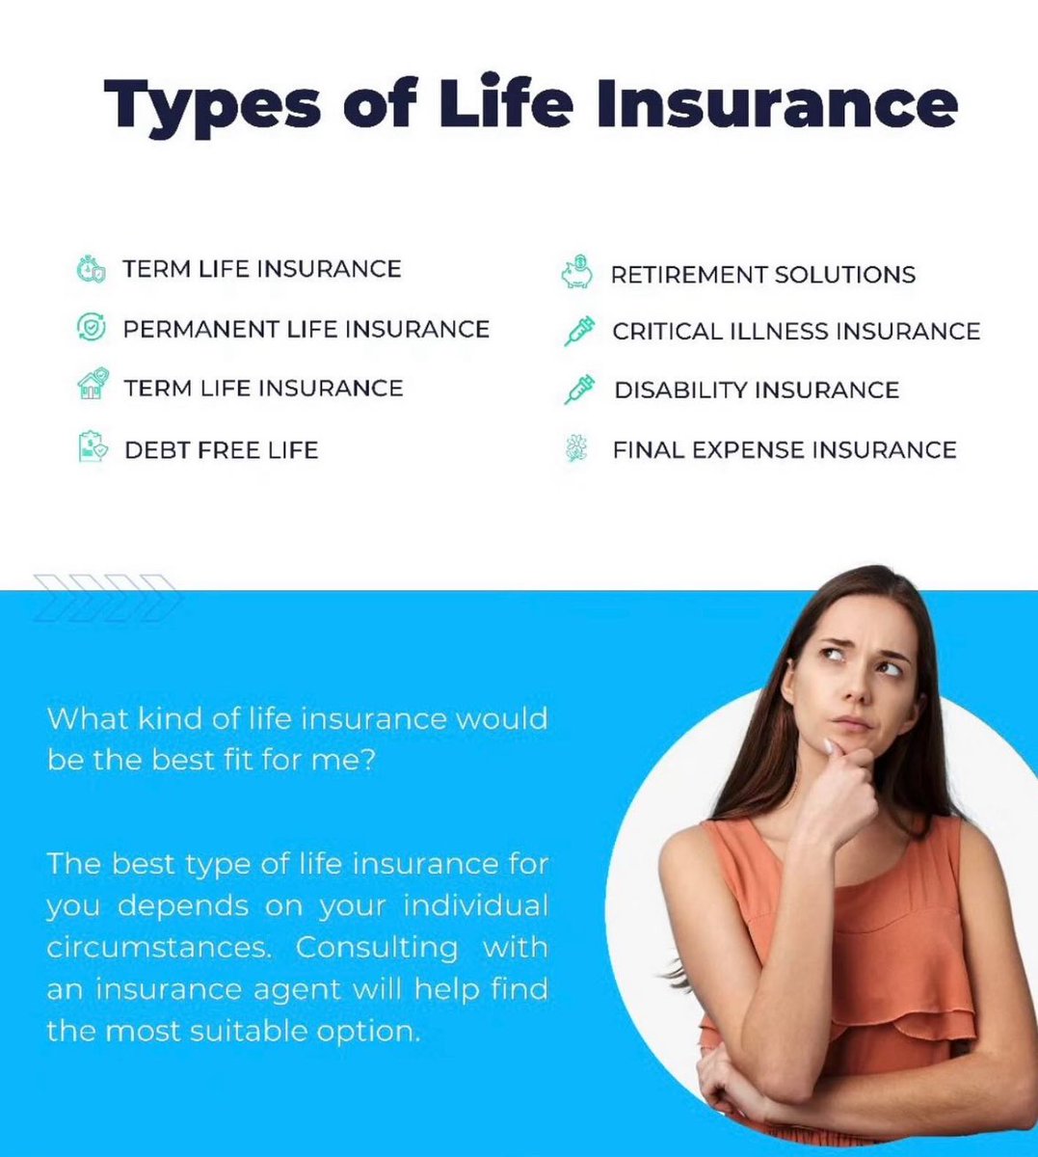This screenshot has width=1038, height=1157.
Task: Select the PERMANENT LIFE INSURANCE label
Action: click(x=306, y=329)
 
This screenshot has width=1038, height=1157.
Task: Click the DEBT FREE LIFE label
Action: click(x=221, y=450)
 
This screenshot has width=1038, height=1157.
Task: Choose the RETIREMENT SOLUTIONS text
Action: click(x=762, y=275)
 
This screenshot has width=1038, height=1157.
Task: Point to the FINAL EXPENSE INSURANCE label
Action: click(x=784, y=450)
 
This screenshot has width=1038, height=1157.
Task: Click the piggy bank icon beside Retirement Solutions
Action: click(x=576, y=273)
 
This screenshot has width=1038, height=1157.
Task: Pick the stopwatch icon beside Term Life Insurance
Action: click(x=90, y=269)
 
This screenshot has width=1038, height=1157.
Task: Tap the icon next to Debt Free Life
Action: click(x=92, y=448)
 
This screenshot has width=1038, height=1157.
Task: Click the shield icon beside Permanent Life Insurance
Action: click(x=90, y=328)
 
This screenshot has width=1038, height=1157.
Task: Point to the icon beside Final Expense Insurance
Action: click(x=576, y=449)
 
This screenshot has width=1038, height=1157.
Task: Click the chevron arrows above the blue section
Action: click(x=106, y=596)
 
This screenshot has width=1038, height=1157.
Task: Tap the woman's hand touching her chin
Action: click(x=837, y=771)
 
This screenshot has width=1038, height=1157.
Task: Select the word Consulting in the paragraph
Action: click(x=376, y=947)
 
